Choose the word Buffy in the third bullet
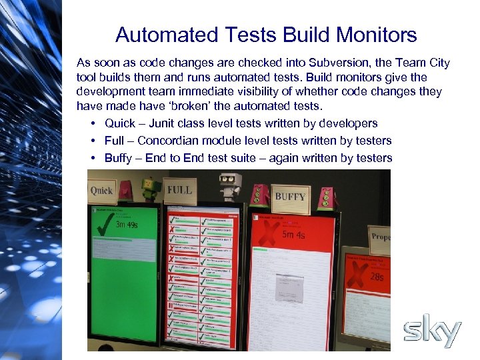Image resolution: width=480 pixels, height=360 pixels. pos(118,158)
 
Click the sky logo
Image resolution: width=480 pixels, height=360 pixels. pos(432,332)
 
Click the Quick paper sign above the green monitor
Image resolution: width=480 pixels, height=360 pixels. pos(102,191)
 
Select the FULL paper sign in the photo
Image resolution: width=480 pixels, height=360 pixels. pos(179,189)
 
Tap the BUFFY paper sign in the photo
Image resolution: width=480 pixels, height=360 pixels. pos(290,196)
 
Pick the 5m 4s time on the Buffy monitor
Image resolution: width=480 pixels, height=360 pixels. pos(293,234)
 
